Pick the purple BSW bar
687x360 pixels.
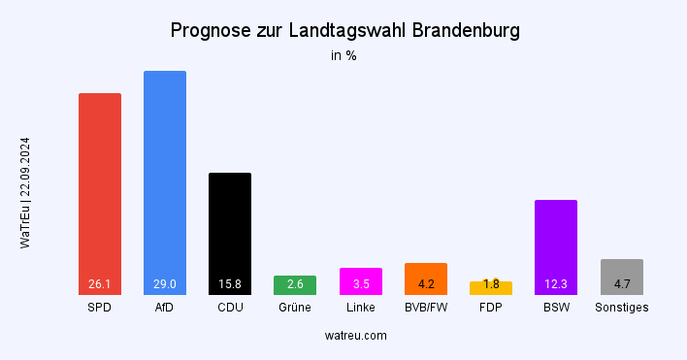click(556, 243)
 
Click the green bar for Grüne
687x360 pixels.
click(295, 284)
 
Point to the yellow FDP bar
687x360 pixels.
click(491, 288)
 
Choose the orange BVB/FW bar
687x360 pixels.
click(426, 278)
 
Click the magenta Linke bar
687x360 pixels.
click(360, 280)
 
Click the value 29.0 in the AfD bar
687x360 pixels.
click(165, 284)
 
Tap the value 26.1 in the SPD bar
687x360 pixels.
click(100, 284)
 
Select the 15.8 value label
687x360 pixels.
click(230, 284)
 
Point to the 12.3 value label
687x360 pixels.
click(556, 284)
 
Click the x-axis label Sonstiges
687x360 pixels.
click(621, 308)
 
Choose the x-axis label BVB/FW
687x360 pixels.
click(426, 308)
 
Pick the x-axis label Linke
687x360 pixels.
click(360, 308)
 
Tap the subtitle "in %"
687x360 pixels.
click(343, 56)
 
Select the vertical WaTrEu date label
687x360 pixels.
click(26, 193)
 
